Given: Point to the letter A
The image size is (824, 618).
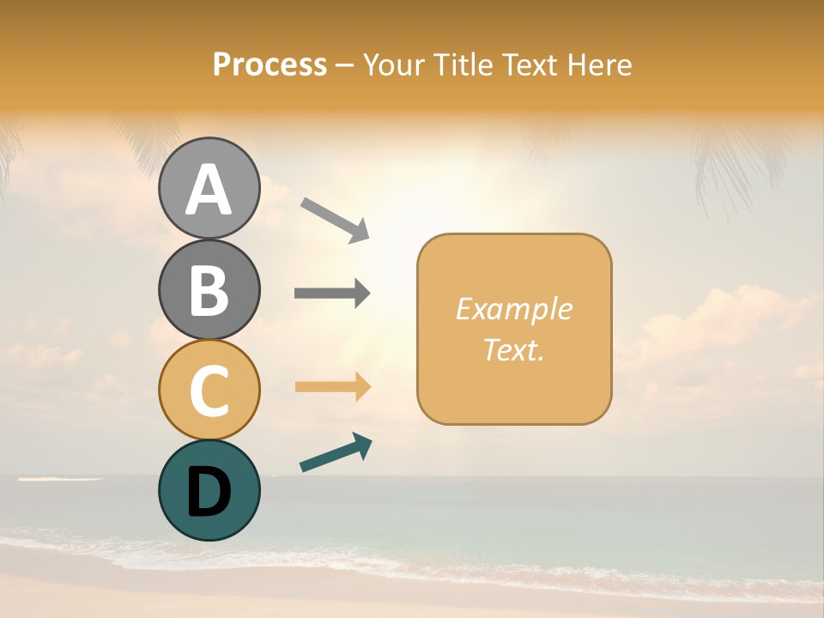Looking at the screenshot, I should point(209,190).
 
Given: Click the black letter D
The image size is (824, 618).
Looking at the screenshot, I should point(209,492).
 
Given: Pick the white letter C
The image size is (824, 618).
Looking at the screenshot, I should point(209,391).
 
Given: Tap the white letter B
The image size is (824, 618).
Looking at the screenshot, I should point(209,290).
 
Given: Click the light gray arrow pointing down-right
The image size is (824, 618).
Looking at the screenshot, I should point(335,220).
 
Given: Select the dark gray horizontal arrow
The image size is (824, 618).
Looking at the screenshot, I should point(332,294).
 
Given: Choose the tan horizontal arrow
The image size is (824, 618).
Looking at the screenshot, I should point(332,386).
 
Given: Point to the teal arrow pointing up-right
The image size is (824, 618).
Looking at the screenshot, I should point(336,452).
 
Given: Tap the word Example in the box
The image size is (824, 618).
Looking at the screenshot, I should point(514,309).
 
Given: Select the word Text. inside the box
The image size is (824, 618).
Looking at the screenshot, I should point(514,349).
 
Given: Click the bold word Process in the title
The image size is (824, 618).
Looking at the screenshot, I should point(270,65).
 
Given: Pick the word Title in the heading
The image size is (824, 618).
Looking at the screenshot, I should point(463,65).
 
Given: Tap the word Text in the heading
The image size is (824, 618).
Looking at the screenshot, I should point(530,65).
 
